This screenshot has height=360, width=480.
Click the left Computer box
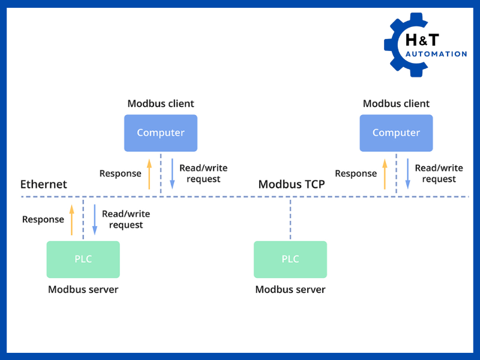[160, 133]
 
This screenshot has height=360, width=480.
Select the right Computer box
[396, 133]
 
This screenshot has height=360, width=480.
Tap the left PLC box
[83, 259]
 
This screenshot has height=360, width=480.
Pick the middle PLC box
[290, 259]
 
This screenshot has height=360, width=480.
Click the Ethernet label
[44, 184]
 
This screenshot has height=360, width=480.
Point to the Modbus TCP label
[292, 184]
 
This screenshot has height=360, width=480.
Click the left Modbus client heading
[161, 104]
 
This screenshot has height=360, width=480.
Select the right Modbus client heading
[396, 104]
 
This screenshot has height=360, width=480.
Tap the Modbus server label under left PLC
[83, 290]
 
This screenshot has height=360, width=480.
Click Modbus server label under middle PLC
[290, 290]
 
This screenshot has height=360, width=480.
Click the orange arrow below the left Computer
[149, 174]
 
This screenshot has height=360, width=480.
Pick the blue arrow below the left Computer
[172, 174]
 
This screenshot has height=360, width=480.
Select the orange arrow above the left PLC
[71, 220]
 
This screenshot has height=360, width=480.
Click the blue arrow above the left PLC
[94, 220]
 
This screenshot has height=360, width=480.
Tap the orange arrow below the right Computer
[385, 174]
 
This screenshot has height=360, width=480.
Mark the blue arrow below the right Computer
[407, 174]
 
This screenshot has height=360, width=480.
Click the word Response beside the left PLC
[43, 220]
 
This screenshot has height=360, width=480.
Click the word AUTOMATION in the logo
[436, 54]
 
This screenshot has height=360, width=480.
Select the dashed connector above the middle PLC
[290, 219]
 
